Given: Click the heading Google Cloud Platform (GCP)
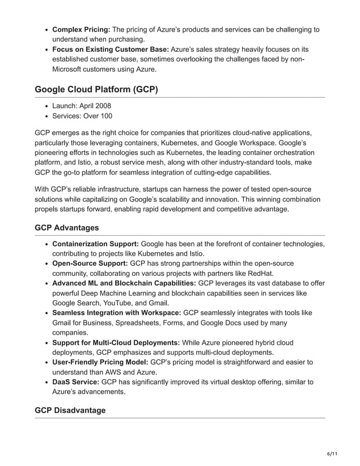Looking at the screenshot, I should pyautogui.click(x=96, y=89).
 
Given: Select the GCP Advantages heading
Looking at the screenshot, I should pyautogui.click(x=67, y=227).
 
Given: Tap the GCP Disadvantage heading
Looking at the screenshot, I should pyautogui.click(x=70, y=410).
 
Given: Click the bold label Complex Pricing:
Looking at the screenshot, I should pyautogui.click(x=81, y=29).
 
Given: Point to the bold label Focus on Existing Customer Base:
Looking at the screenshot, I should pyautogui.click(x=111, y=49).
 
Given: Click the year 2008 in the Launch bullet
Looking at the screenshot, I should pyautogui.click(x=102, y=106).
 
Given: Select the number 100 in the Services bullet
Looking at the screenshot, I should pyautogui.click(x=106, y=116).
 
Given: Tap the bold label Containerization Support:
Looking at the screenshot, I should pyautogui.click(x=95, y=244).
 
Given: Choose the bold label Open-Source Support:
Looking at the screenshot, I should pyautogui.click(x=90, y=263).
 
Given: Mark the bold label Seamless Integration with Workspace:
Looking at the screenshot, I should pyautogui.click(x=117, y=313).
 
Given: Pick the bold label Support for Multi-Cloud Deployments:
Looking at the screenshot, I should pyautogui.click(x=116, y=342).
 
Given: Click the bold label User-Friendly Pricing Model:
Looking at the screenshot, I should pyautogui.click(x=100, y=362).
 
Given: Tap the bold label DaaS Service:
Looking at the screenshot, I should pyautogui.click(x=76, y=382).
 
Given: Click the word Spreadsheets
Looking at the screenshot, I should pyautogui.click(x=143, y=323).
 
